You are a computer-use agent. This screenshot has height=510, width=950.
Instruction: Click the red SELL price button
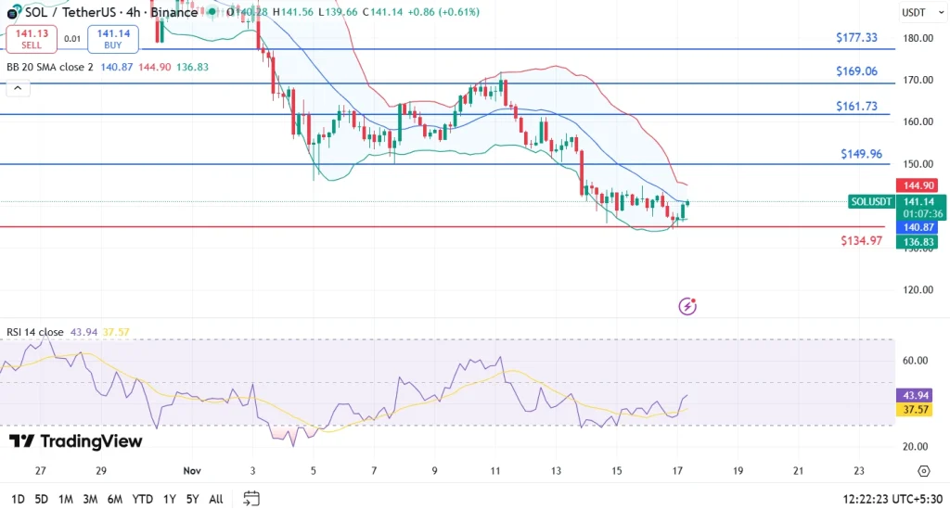pos(32,38)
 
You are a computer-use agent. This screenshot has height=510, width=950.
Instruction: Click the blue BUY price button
pos(113,38)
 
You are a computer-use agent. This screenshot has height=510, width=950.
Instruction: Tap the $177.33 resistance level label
pos(855,37)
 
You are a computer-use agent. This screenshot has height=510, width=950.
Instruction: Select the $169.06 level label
pos(855,71)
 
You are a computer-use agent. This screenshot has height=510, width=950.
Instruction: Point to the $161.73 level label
pos(855,107)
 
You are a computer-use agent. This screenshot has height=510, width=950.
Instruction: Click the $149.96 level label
pos(862,154)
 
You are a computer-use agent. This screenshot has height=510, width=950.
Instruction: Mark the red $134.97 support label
pos(862,241)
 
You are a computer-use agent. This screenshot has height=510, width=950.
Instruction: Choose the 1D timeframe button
pos(17,499)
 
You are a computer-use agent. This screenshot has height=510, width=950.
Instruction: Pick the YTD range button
pos(142,499)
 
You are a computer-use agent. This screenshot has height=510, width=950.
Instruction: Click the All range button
pos(215,499)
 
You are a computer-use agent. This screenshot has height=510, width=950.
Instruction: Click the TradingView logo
pos(76,441)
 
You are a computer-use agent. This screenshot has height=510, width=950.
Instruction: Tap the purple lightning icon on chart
pos(687,306)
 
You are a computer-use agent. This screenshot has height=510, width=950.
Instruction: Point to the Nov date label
pos(191,471)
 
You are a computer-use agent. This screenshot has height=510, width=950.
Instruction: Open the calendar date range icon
pos(250,499)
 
